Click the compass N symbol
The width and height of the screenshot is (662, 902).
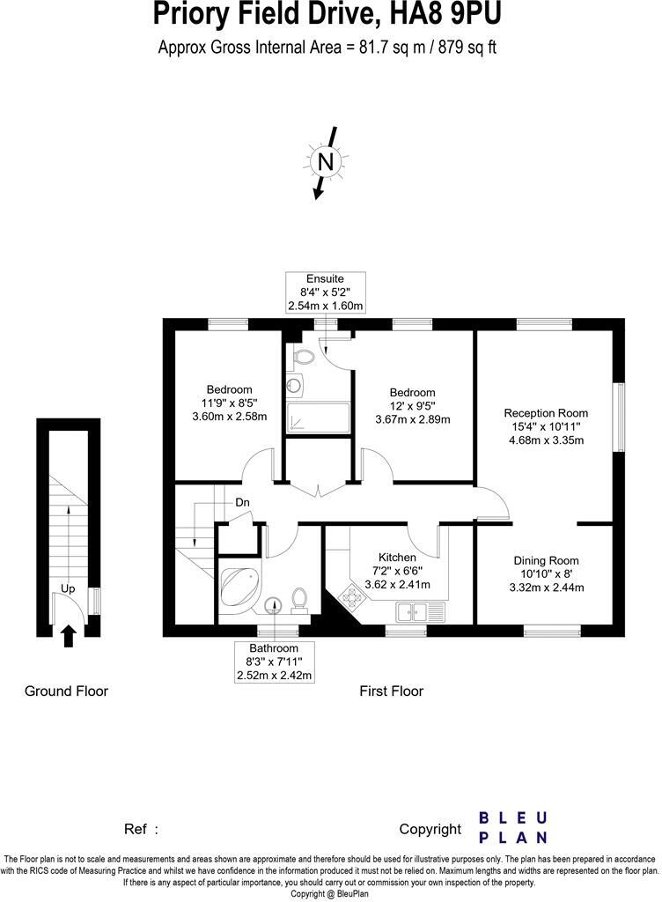coord(326,162)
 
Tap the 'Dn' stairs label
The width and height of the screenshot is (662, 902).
coord(242,503)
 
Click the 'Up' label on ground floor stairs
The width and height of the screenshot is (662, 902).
coord(68,588)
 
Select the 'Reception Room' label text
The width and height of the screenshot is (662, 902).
coord(546,412)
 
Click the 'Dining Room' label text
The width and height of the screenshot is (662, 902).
coord(546,560)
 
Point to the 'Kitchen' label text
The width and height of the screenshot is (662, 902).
coord(397,558)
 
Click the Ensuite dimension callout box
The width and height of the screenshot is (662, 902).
coord(325,292)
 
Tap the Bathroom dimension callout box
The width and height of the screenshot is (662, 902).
coord(275,662)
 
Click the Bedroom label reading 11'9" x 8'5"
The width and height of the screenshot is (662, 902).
coord(229,389)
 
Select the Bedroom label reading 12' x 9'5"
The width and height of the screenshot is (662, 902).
coord(412,393)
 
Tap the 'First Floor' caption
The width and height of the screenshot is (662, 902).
coord(391,691)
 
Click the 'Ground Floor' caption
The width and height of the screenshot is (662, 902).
coord(66,691)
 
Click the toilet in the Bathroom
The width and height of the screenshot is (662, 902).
coord(298,598)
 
